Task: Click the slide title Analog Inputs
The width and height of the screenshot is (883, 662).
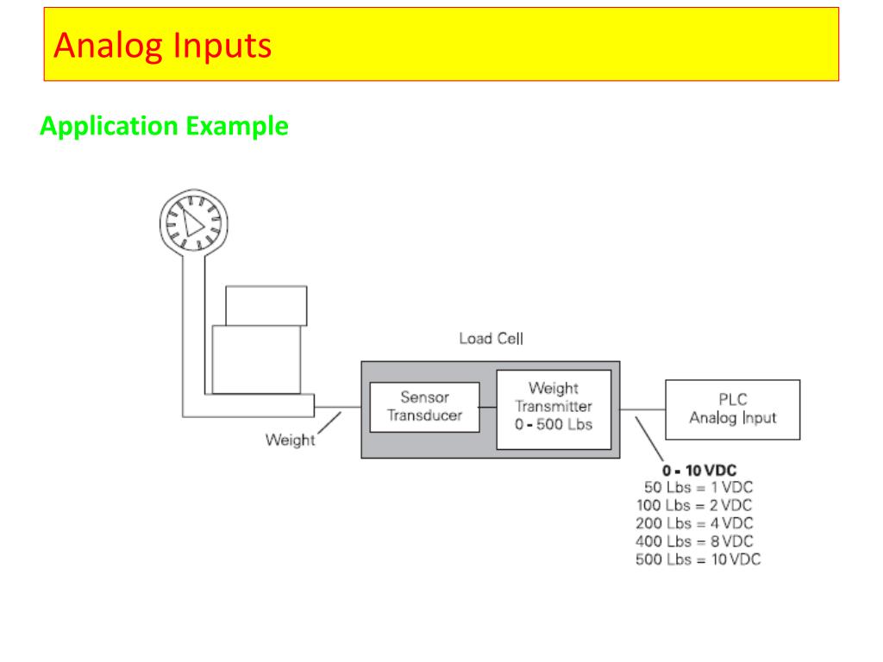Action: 162,45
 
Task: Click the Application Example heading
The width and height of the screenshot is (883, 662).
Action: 164,127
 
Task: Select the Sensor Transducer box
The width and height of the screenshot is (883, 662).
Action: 424,406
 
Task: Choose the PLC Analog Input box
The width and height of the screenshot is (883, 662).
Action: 732,409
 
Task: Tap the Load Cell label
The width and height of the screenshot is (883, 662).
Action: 491,339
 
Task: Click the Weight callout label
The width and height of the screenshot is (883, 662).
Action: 290,440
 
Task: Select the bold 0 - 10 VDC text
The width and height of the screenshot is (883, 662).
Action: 698,471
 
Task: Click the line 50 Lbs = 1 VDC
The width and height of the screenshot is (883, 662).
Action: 698,488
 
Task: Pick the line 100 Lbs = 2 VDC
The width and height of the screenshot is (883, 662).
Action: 695,505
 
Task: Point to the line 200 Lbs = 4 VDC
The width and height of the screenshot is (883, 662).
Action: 695,523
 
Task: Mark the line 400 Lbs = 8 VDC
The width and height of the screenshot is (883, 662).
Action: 695,541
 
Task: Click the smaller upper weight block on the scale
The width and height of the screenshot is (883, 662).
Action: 266,305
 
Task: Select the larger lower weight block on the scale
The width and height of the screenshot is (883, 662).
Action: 257,359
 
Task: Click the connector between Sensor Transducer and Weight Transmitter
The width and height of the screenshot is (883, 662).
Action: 488,406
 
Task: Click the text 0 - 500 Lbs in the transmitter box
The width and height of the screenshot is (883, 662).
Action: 553,424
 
